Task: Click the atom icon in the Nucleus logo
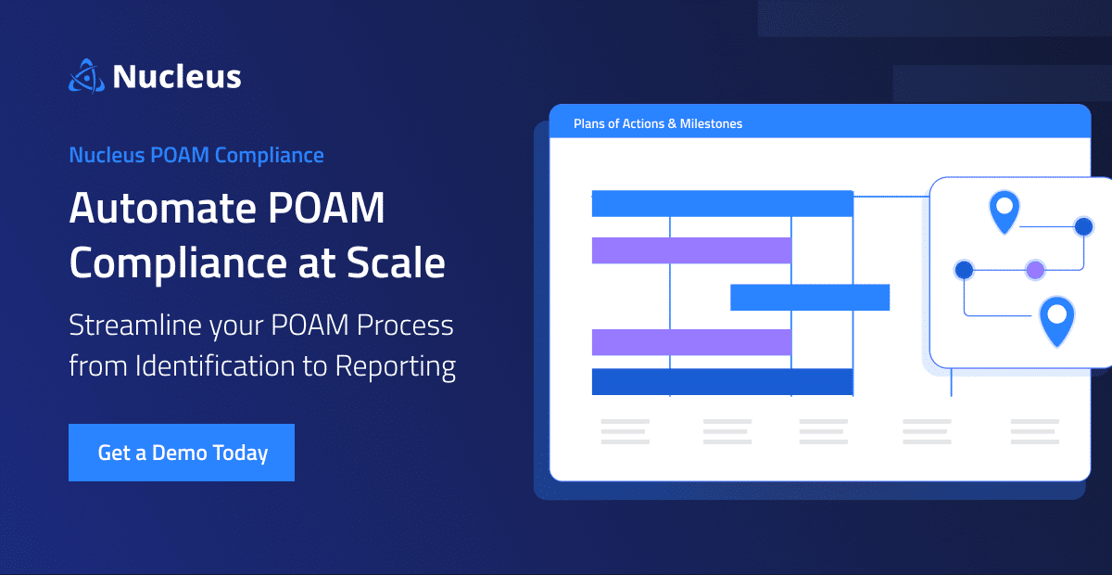pyautogui.click(x=85, y=76)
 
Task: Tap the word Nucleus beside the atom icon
pyautogui.click(x=177, y=77)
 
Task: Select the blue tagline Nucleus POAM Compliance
pyautogui.click(x=196, y=155)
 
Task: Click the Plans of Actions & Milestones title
pyautogui.click(x=658, y=123)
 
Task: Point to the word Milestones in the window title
pyautogui.click(x=709, y=123)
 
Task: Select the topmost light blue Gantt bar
pyautogui.click(x=722, y=203)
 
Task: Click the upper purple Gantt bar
pyautogui.click(x=691, y=250)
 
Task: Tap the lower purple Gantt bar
pyautogui.click(x=691, y=341)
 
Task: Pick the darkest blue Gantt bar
pyautogui.click(x=722, y=381)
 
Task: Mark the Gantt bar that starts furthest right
pyautogui.click(x=810, y=297)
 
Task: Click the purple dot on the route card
pyautogui.click(x=1035, y=270)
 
